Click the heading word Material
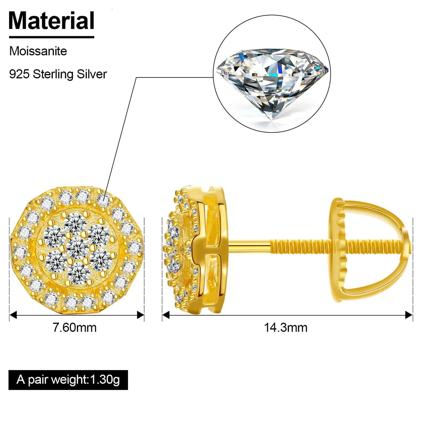click(x=52, y=21)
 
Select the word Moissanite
click(x=38, y=51)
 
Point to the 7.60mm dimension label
click(x=75, y=327)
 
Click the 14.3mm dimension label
click(x=286, y=327)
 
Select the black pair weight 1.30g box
click(x=68, y=380)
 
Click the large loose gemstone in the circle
click(x=272, y=84)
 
